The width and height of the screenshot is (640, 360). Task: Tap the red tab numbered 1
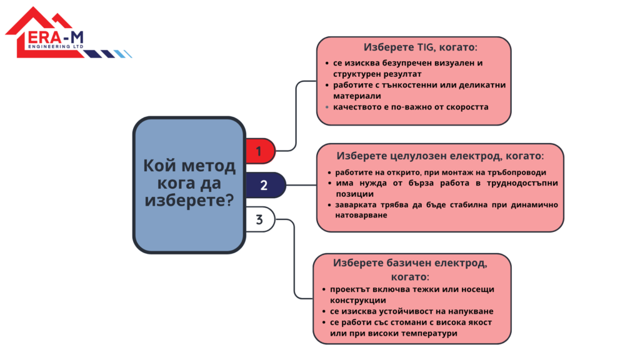point(259,151)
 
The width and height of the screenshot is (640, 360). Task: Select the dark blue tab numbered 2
point(263,185)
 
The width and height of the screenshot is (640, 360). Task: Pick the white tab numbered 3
point(259,219)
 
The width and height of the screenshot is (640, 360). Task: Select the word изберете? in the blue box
point(189,201)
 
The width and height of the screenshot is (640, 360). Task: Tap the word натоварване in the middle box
point(361,215)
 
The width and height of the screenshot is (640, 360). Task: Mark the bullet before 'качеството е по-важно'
point(326,107)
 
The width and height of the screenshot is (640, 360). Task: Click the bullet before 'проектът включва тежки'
point(324,289)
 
